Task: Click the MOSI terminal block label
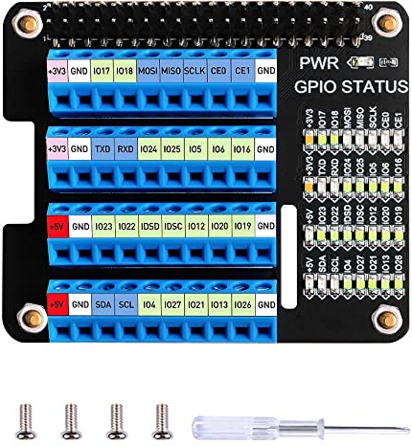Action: [149, 71]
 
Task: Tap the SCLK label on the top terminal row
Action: [195, 71]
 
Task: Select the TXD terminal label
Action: [103, 149]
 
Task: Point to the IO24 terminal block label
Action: [149, 149]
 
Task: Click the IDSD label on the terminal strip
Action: [149, 227]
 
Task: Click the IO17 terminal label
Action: [103, 71]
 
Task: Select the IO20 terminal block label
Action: [219, 227]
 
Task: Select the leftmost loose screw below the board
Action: [24, 418]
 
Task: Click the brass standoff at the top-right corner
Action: [386, 21]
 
